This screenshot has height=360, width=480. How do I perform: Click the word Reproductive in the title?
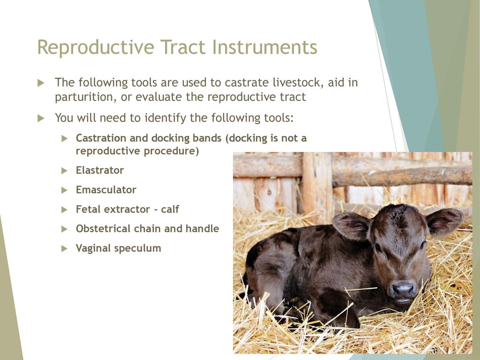pos(96,47)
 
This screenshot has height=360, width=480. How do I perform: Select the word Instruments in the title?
pos(264,47)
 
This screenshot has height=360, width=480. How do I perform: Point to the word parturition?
pos(86,97)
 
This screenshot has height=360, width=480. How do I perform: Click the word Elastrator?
pos(100,170)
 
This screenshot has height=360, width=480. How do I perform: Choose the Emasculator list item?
pos(106,190)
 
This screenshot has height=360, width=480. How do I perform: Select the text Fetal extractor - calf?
pos(127,210)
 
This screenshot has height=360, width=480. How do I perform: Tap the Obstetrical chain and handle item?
pos(147,229)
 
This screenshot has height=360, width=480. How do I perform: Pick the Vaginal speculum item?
pos(118,248)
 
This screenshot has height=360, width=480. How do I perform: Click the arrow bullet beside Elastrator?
pos(64,171)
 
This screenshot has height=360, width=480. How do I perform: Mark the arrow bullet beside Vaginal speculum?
pos(64,248)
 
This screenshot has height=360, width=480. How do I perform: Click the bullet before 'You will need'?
pos(41,118)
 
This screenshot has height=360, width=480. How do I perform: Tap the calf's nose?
pos(403,289)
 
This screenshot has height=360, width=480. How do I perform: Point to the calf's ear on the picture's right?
pos(444,221)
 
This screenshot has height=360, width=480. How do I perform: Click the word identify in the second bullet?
pos(165,118)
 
